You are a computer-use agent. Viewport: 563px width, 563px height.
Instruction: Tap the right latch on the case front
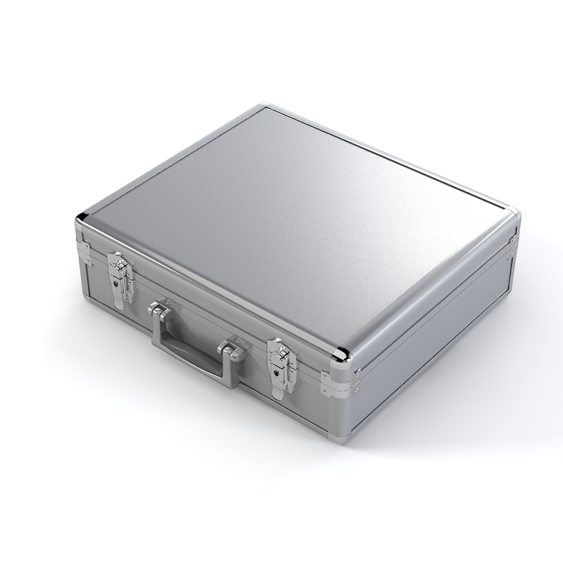click(281, 368)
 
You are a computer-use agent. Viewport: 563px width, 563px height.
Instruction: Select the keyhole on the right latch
click(274, 374)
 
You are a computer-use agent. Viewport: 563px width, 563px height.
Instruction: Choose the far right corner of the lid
click(512, 212)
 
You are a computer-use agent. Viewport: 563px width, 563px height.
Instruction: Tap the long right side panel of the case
click(436, 331)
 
